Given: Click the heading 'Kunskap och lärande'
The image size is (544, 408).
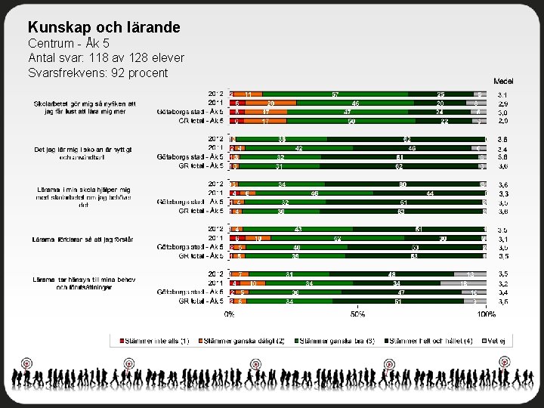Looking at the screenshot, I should (104, 27).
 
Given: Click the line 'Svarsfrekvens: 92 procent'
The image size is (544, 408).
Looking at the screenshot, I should (97, 73).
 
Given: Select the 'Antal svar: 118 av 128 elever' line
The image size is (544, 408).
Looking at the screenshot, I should (106, 57).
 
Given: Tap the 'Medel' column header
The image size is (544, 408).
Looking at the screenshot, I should (503, 81).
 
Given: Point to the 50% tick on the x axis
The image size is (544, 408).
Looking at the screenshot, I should (357, 314).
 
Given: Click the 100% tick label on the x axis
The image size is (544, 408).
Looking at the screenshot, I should (486, 314).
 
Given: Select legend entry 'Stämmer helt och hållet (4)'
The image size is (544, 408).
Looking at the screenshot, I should (424, 341).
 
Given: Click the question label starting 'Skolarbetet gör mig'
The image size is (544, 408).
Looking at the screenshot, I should (83, 103).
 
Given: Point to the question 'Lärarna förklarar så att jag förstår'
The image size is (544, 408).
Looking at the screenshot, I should (83, 239).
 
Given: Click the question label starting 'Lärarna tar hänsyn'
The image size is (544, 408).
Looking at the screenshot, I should (83, 283).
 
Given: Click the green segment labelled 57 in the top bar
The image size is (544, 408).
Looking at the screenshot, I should (334, 94).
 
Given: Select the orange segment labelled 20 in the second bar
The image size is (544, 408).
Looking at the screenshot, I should (270, 103).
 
